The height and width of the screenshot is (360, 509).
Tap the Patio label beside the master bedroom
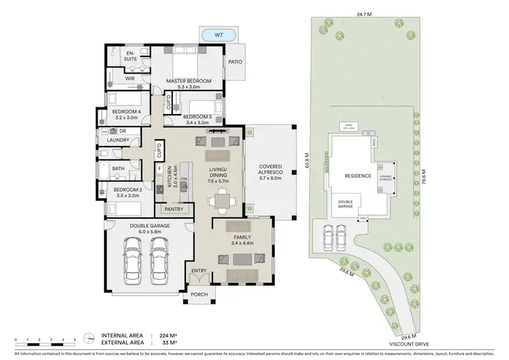235,62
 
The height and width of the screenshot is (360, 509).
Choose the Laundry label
118,141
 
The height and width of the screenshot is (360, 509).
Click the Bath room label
118,168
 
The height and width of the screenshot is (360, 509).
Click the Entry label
199,271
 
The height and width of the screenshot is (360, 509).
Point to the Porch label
199,294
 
